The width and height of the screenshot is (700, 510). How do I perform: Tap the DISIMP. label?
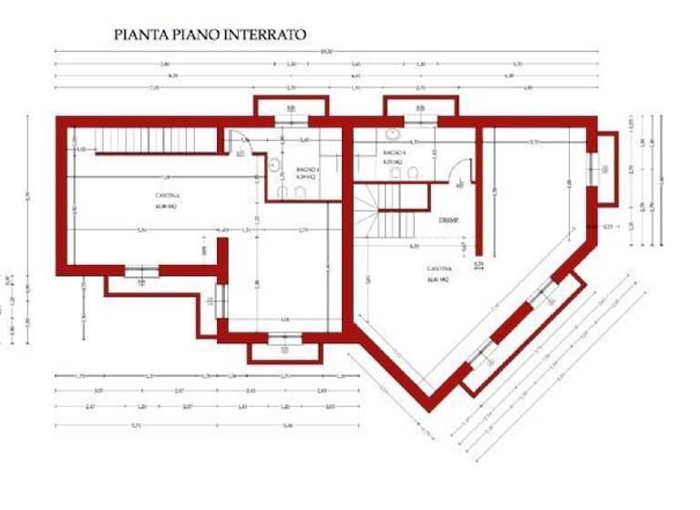[448, 220]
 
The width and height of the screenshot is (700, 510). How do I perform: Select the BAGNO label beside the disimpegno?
[394, 152]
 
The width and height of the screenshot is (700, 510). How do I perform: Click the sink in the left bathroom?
[273, 165]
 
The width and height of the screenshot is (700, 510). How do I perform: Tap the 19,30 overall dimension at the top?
[326, 51]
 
